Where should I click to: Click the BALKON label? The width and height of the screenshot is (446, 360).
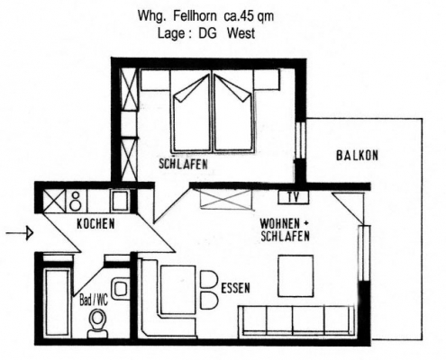(x=357, y=156)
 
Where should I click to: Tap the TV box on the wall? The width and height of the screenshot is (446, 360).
(x=294, y=197)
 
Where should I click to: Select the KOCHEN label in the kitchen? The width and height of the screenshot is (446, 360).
(x=96, y=224)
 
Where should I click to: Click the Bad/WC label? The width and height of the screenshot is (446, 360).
(x=94, y=301)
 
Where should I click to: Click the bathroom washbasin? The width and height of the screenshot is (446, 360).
(x=121, y=289)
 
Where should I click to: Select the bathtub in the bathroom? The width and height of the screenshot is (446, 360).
(x=57, y=303)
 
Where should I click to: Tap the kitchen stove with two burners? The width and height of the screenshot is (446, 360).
(x=76, y=201)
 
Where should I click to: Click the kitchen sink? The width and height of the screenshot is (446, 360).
(x=121, y=201)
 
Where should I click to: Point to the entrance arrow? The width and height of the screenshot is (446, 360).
(x=20, y=233)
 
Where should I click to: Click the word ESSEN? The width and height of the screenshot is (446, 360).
(x=235, y=288)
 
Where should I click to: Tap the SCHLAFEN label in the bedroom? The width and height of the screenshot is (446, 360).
(x=183, y=164)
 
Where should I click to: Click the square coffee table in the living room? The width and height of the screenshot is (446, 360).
(x=296, y=276)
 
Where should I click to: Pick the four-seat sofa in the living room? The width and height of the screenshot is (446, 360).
(x=296, y=320)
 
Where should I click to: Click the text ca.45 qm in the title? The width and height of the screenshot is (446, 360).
(x=249, y=16)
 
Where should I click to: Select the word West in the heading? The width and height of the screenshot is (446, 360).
(x=241, y=33)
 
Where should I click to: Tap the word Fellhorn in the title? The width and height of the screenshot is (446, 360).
(x=195, y=16)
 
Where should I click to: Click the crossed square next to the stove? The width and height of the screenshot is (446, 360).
(x=54, y=201)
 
